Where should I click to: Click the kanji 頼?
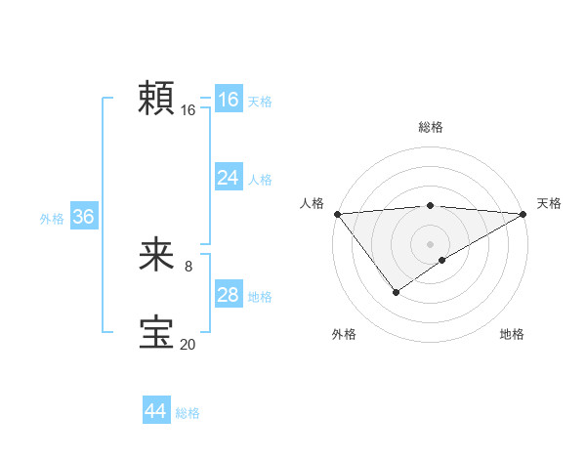(x=156, y=99)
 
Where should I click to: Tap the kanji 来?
(x=156, y=257)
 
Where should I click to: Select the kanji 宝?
(x=156, y=332)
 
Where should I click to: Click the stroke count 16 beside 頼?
(x=188, y=110)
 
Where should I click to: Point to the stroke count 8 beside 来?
(x=188, y=267)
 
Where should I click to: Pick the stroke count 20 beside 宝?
(x=188, y=343)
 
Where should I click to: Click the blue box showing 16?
(x=229, y=100)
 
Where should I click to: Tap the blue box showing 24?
(x=229, y=178)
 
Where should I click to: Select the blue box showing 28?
(x=229, y=295)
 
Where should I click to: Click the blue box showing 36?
(x=83, y=217)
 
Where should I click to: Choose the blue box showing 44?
(x=155, y=411)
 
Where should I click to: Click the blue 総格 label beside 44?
(x=188, y=413)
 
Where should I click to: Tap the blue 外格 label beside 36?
(x=52, y=219)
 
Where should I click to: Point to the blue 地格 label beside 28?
(x=260, y=297)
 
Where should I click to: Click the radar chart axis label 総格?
(x=430, y=127)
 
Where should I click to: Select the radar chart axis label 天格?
(x=550, y=203)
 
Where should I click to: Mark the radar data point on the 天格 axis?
(x=523, y=214)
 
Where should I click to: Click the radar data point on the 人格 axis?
(x=337, y=214)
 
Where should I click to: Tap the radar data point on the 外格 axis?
(x=396, y=291)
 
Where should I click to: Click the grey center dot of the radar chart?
(x=430, y=244)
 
